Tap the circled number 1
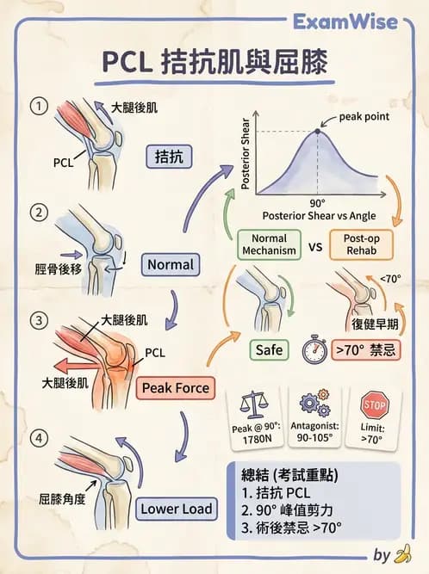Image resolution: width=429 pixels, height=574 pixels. (37, 108)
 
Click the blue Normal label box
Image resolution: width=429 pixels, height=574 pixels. (169, 264)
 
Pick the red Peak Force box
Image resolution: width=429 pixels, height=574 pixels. (176, 388)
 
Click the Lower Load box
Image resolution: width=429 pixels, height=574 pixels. (176, 509)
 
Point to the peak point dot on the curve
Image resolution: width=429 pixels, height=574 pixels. (319, 131)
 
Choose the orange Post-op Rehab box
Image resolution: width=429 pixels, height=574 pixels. (361, 244)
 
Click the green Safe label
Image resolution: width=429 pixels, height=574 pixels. (267, 349)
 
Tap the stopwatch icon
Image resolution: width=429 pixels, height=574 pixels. (313, 349)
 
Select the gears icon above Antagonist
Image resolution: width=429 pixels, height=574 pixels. (315, 404)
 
